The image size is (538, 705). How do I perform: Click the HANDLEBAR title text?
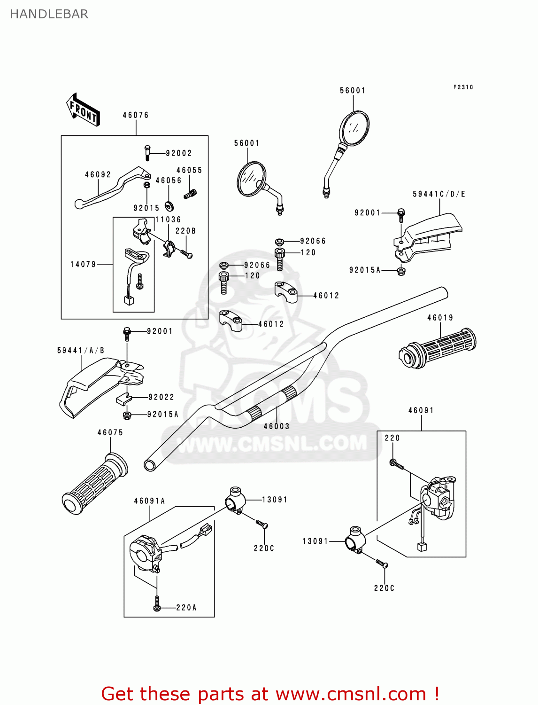point(49,14)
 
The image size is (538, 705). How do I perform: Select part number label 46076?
point(136,115)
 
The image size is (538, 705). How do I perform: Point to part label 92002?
point(179,153)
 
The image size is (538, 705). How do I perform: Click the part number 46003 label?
point(277,426)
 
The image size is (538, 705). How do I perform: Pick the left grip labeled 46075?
point(94,484)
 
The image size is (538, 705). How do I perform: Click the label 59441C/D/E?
point(439,194)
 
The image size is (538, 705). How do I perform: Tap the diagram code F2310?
point(463,87)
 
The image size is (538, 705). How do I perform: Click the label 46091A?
point(150,501)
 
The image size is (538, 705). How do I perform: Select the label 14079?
point(83,265)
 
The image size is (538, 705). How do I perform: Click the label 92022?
point(161,397)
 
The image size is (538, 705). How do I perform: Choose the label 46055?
point(189,170)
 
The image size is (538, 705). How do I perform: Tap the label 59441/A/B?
point(81,351)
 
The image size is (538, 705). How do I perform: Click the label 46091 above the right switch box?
point(421,410)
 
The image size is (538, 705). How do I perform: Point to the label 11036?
point(168,219)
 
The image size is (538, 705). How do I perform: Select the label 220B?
point(185,231)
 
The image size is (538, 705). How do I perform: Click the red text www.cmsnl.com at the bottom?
point(350,694)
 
